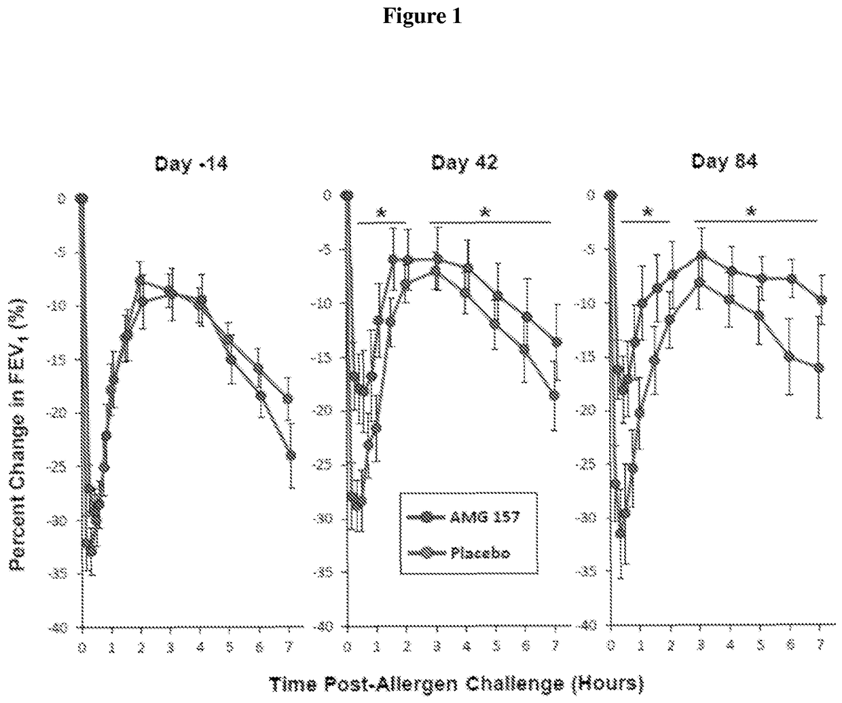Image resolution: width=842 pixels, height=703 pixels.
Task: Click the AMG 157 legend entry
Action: pos(469,517)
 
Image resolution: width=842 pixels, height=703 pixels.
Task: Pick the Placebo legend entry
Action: pos(469,552)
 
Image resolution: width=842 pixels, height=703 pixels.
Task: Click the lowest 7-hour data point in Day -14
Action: pos(291,455)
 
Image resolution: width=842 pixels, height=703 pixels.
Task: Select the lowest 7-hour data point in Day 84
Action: pos(820,368)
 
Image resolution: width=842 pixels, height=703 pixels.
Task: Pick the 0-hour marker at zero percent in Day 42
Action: pos(348,196)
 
